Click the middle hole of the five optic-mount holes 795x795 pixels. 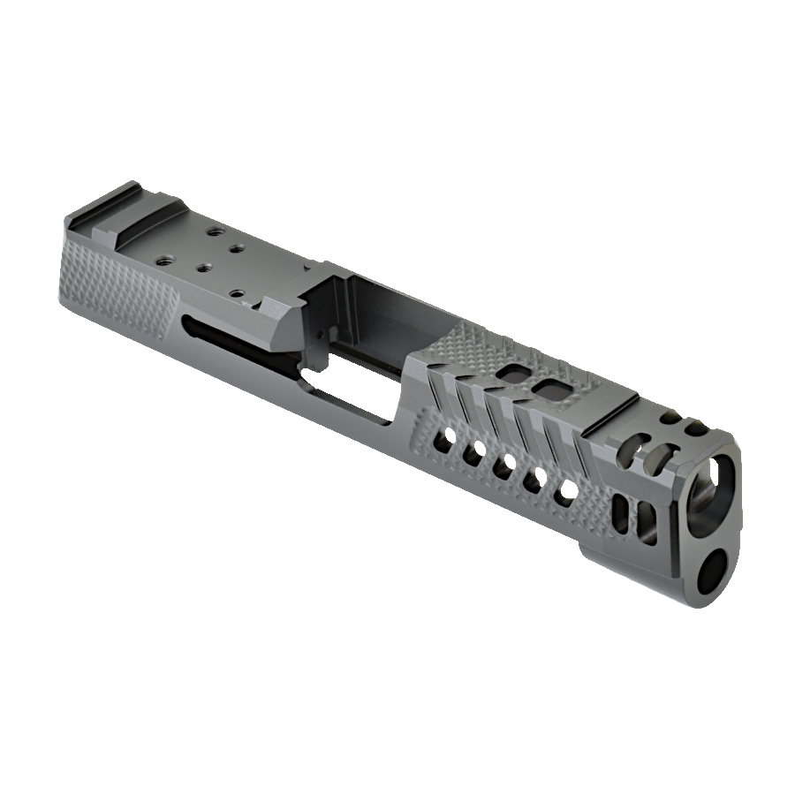[202, 266]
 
